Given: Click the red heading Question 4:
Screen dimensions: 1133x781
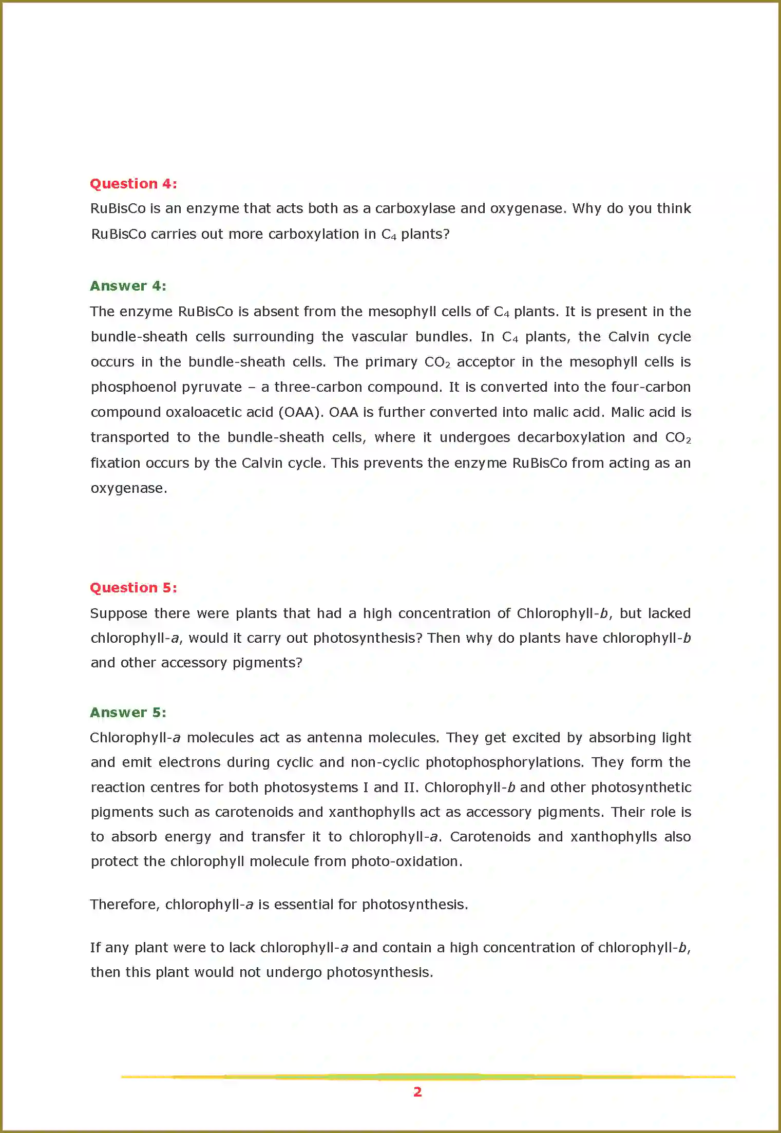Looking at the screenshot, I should click(134, 184).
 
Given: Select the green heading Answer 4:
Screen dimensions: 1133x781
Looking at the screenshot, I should click(128, 286).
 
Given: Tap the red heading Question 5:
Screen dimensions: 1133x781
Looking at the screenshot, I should click(134, 588).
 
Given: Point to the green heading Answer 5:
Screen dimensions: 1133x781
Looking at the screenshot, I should click(128, 713).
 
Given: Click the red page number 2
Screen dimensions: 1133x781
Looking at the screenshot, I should click(417, 1091).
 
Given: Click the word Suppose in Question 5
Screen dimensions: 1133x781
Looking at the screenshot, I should click(119, 614).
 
